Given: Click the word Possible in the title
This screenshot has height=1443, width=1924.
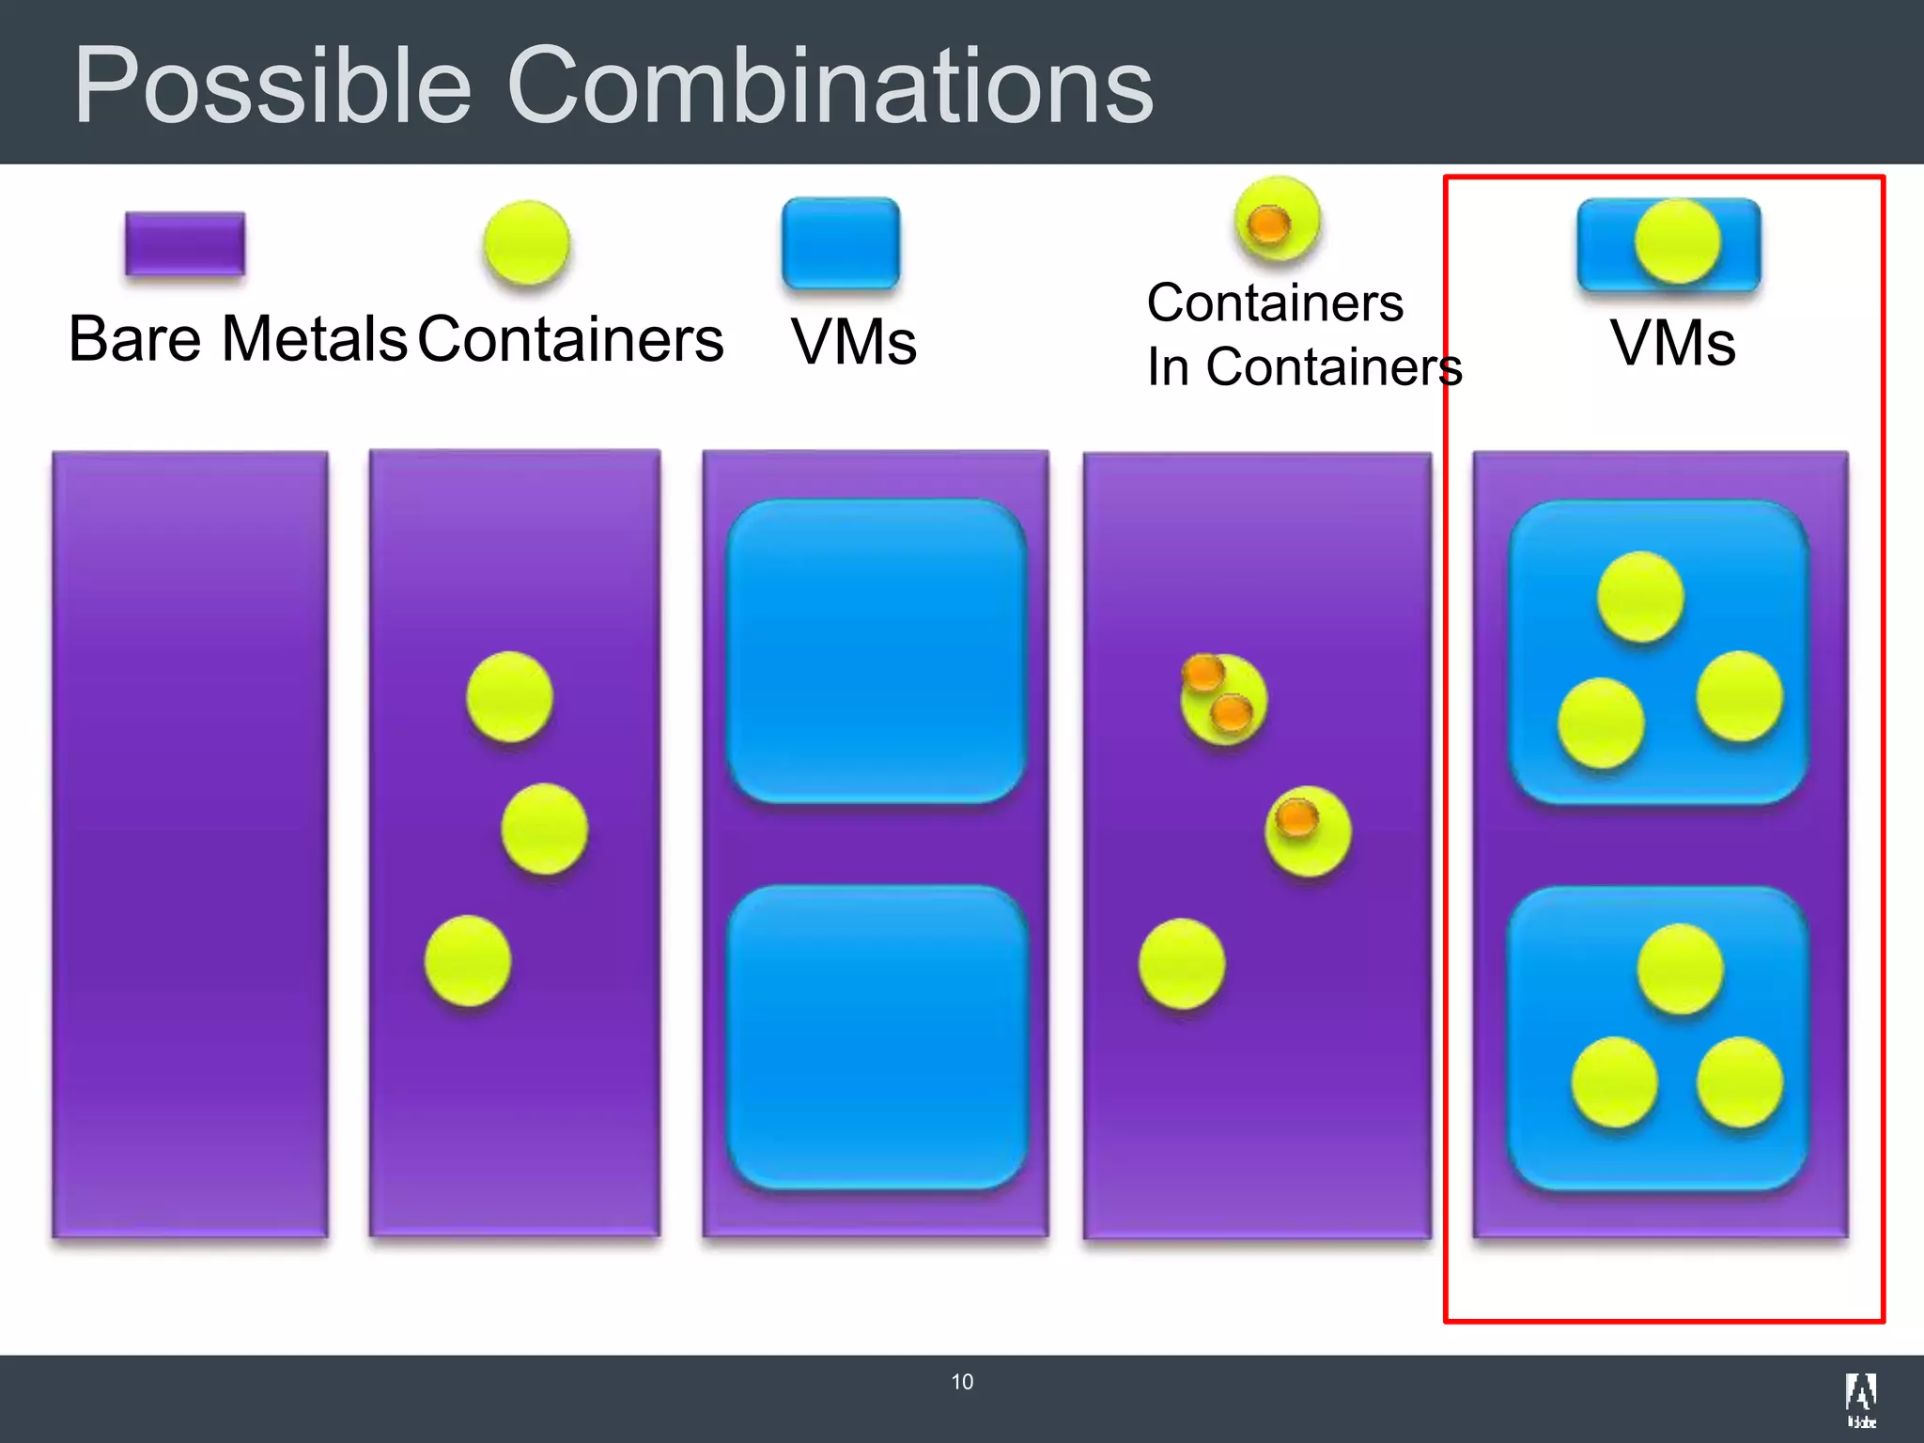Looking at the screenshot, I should [272, 86].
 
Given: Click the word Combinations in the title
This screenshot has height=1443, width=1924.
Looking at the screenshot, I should [830, 86].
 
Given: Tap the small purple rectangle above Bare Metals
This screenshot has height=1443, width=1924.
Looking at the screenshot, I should [185, 243].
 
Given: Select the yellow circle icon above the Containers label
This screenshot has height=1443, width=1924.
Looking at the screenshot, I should [526, 242].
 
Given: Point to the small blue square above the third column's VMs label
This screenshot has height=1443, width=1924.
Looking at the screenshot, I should [841, 242].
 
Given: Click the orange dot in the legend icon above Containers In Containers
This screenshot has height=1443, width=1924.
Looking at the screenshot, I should [1268, 224].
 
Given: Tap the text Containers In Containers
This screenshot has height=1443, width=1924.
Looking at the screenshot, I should [1304, 334].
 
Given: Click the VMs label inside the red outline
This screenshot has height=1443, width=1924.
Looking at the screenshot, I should [1672, 343].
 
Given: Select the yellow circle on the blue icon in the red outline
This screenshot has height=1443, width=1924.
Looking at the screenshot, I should [1677, 241].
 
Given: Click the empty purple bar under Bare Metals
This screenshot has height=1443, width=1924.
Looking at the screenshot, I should [190, 844].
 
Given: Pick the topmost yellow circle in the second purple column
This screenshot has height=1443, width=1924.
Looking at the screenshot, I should [509, 696].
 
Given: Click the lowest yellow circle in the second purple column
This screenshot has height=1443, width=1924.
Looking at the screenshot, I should [468, 960].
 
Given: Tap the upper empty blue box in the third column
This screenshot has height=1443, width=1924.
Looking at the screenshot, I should [876, 651].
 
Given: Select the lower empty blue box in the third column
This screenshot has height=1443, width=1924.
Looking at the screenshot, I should [876, 1037].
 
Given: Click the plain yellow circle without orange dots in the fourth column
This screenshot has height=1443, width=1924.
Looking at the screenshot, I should [1182, 964].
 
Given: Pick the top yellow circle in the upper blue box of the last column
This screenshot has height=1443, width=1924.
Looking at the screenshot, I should [1640, 596].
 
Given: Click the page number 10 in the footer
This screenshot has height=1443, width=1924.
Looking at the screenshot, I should [962, 1382].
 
